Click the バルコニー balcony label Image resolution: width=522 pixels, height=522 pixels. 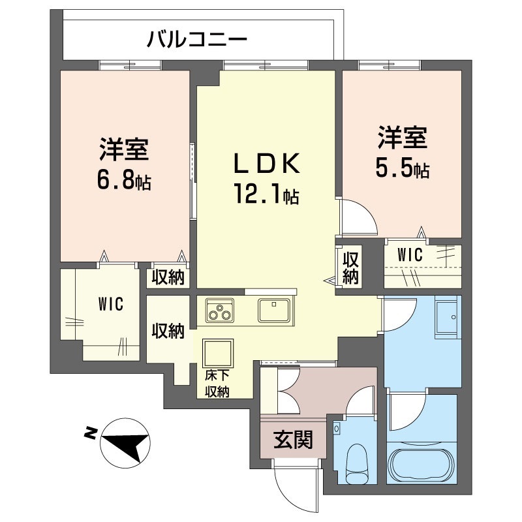(197, 39)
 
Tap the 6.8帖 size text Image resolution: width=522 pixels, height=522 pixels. (124, 181)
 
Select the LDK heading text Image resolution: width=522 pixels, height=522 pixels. (267, 163)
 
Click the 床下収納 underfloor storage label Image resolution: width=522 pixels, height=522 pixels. (217, 384)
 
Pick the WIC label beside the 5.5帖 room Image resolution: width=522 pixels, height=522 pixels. (410, 255)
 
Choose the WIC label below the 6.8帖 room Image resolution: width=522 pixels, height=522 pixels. (111, 303)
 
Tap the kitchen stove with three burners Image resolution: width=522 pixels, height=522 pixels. (220, 311)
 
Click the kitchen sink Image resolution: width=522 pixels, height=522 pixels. (274, 311)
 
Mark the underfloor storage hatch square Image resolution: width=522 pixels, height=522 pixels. (218, 353)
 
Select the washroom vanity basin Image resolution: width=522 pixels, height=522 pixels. (448, 318)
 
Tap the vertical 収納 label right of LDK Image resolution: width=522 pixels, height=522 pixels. (350, 268)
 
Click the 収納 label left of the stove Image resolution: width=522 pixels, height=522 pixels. (168, 331)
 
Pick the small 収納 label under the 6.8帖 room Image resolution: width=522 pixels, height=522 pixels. (168, 278)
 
